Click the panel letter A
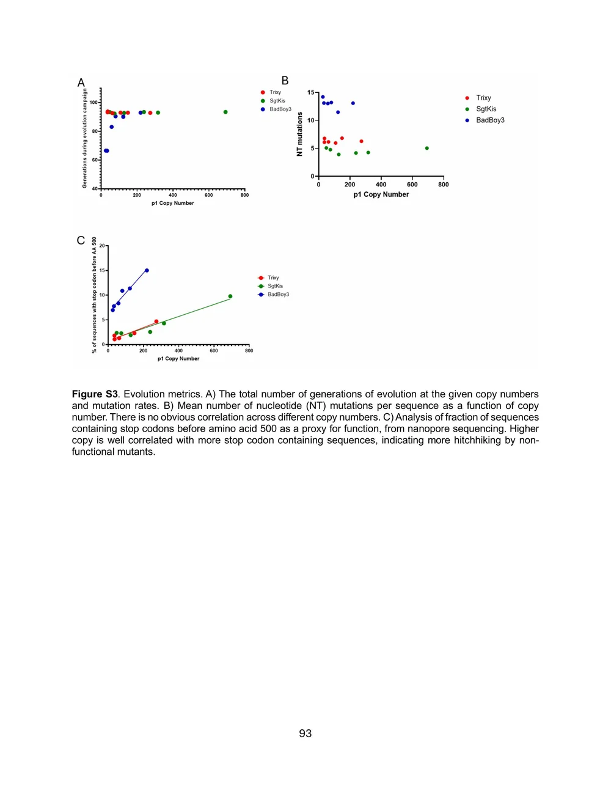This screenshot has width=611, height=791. [x=81, y=83]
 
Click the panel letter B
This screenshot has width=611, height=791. [x=285, y=81]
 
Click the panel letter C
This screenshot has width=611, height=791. [x=81, y=240]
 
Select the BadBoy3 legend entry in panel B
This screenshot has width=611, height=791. [x=490, y=120]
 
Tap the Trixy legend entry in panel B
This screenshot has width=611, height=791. [x=483, y=98]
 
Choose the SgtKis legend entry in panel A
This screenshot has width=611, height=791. [x=277, y=101]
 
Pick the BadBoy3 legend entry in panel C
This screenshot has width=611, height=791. [x=278, y=295]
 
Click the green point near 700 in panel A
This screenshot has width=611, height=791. [x=225, y=112]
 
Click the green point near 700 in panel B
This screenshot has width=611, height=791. [x=426, y=148]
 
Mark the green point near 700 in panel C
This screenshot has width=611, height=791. [x=230, y=296]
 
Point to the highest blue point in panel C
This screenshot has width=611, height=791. [x=147, y=270]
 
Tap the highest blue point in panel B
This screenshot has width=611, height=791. [x=323, y=97]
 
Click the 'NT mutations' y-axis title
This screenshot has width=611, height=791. [x=299, y=134]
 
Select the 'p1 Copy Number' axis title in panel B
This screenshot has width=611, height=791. [x=381, y=194]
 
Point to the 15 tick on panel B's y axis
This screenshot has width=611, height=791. [x=311, y=93]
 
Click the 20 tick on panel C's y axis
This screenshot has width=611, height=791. [x=102, y=246]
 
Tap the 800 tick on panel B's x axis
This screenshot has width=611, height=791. [x=444, y=185]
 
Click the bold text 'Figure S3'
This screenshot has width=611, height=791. [x=95, y=394]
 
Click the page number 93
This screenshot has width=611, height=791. [x=305, y=734]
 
